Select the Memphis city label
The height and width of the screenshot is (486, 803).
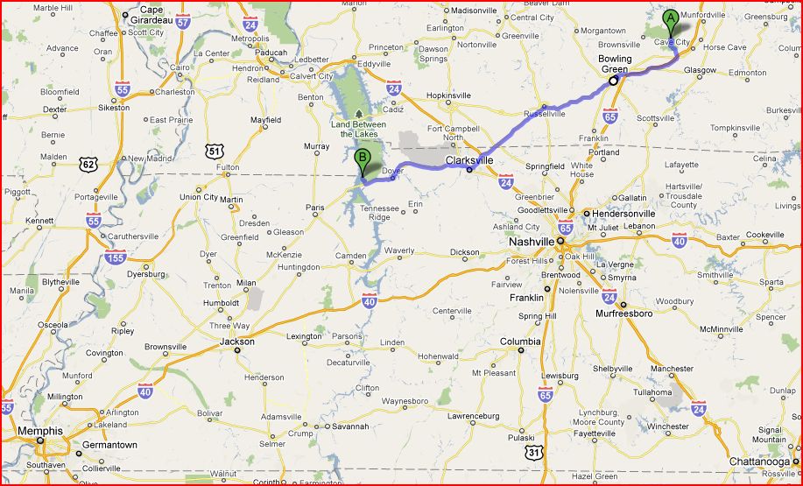click(39, 431)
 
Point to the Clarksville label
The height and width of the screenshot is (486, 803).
click(469, 161)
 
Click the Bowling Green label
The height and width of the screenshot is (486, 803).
click(615, 64)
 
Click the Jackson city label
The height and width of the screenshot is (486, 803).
click(237, 342)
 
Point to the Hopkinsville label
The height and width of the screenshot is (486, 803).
click(449, 95)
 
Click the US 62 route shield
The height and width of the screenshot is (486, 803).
click(87, 163)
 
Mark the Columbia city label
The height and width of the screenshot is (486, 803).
click(520, 342)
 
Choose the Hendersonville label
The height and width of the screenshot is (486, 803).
click(623, 213)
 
